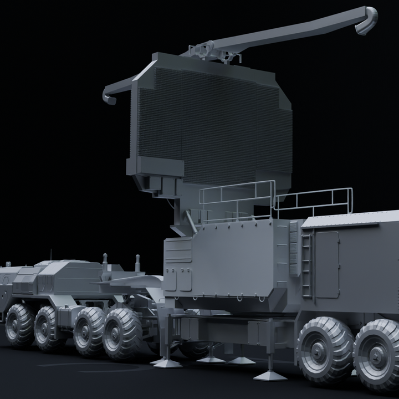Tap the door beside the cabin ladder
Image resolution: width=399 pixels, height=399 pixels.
click(x=326, y=264)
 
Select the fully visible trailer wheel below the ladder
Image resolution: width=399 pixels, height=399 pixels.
click(x=325, y=349)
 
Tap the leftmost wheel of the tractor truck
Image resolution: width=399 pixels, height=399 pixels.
click(x=19, y=324)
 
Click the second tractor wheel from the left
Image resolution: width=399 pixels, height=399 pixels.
click(x=48, y=329)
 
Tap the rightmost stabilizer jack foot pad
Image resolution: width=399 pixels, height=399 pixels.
click(x=270, y=375)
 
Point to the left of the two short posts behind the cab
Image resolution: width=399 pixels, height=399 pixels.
click(x=105, y=261)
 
